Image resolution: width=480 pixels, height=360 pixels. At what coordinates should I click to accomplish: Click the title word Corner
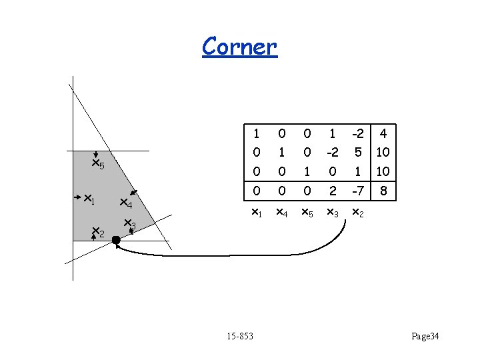tap(239, 46)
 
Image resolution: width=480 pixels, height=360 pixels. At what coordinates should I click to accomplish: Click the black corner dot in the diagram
tap(116, 239)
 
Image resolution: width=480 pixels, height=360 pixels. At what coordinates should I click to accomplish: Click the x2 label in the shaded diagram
tap(97, 232)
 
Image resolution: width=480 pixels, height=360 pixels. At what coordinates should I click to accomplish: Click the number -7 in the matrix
tap(358, 191)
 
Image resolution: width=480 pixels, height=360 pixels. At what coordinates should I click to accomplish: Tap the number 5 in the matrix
tap(358, 152)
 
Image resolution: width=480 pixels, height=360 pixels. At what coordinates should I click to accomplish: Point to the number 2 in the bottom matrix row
tap(332, 191)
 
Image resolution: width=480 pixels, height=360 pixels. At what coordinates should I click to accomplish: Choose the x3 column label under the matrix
tap(332, 213)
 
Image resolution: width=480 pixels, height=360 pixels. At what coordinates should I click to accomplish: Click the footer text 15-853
tap(239, 337)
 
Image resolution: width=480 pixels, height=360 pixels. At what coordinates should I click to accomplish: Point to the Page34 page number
tap(425, 337)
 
